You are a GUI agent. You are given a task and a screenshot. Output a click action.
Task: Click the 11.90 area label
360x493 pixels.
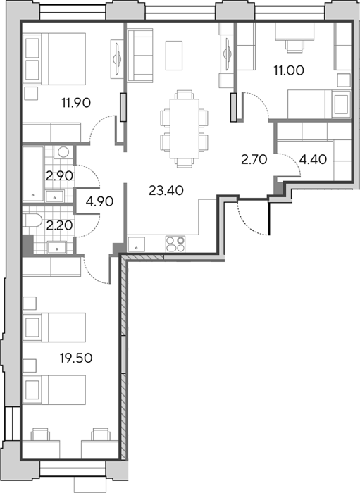coord(76,103)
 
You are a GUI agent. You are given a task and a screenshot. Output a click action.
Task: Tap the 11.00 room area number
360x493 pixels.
coord(289,70)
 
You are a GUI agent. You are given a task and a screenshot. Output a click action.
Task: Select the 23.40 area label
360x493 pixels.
coord(166,191)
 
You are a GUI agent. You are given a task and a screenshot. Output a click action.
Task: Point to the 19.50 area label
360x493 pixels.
coord(76,358)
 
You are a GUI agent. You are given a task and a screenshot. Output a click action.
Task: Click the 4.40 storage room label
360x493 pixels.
coord(313,160)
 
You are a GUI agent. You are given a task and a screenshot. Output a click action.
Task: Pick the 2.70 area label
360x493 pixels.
coord(254,160)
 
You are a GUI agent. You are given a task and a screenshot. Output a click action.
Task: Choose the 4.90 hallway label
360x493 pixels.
coord(99,201)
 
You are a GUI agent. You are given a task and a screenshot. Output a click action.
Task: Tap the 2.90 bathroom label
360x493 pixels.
coord(59,176)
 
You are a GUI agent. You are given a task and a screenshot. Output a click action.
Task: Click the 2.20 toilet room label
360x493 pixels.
coord(59,225)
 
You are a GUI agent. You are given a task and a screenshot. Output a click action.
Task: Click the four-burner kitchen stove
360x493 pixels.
coord(175,244)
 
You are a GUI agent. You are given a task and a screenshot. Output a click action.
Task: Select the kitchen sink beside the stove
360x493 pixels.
coord(136,244)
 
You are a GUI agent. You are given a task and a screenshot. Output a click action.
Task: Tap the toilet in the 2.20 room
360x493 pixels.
coord(32,220)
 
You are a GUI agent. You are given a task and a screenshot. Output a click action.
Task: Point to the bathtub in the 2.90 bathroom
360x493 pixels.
coord(33,173)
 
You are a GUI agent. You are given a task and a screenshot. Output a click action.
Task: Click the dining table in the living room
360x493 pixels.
coord(185,129)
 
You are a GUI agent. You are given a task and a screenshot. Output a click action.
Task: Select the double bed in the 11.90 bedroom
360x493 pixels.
coord(55,58)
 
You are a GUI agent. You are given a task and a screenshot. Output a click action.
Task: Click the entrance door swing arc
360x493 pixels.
coord(252,220)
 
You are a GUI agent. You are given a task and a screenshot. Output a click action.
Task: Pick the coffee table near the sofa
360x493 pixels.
coord(174,56)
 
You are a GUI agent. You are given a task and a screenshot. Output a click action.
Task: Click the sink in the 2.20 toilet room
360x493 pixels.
coord(57,247)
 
